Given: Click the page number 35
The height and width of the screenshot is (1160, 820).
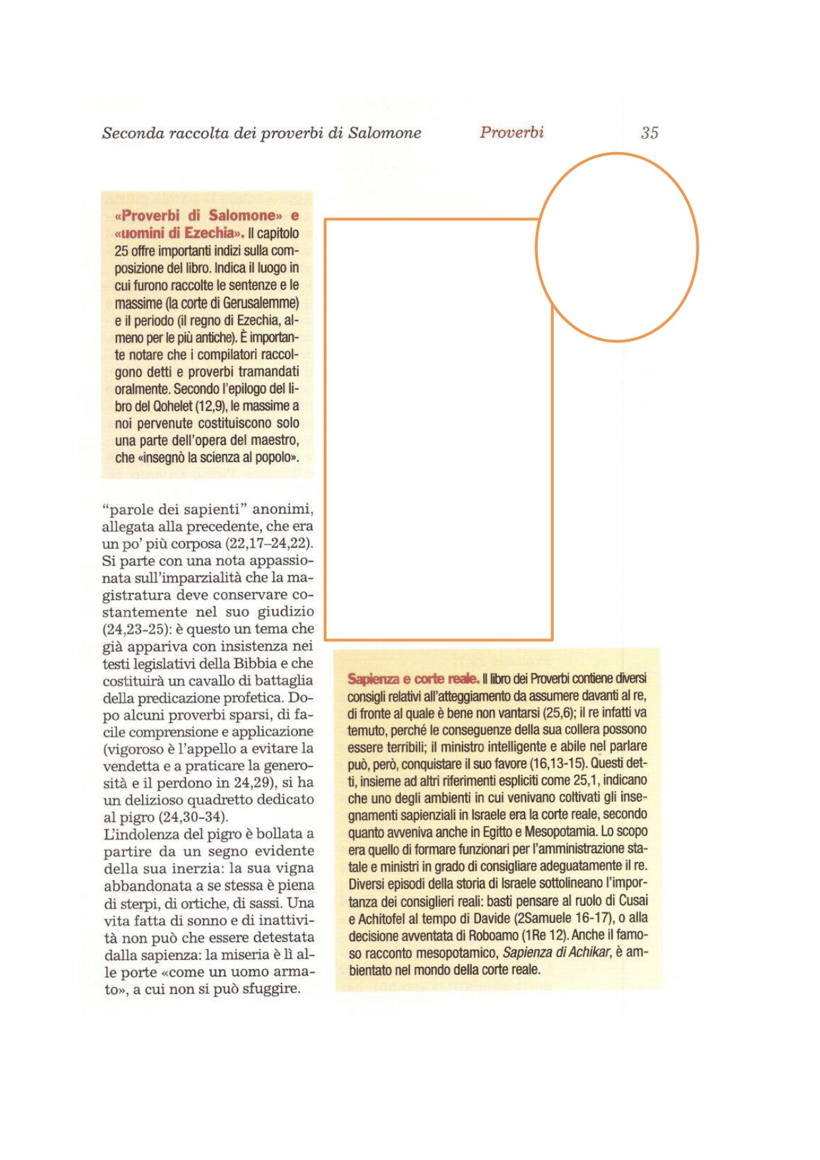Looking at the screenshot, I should pyautogui.click(x=649, y=133).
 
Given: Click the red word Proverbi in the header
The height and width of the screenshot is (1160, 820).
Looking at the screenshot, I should pyautogui.click(x=511, y=132).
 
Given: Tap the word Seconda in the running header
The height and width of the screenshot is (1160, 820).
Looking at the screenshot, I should pyautogui.click(x=133, y=133).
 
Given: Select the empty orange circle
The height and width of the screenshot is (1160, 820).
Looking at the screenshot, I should pyautogui.click(x=616, y=247).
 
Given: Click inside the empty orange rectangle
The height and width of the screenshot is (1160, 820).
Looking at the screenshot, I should pyautogui.click(x=438, y=430).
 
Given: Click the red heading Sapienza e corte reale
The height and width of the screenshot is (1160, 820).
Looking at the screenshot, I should pyautogui.click(x=413, y=679).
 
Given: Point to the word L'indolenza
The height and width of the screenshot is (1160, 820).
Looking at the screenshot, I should pyautogui.click(x=136, y=834).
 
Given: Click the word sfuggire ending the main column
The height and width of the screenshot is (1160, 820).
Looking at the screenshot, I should pyautogui.click(x=270, y=989).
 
